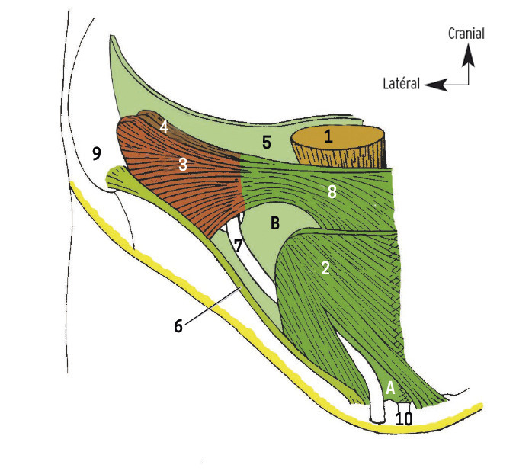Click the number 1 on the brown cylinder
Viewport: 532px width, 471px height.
tap(328, 137)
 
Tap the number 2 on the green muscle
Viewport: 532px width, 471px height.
tap(325, 268)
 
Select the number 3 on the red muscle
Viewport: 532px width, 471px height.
tap(183, 164)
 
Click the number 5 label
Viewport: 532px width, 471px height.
tap(266, 142)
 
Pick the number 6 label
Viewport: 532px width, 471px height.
tap(178, 325)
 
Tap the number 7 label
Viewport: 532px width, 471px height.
tap(238, 245)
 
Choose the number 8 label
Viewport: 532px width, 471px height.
tap(332, 193)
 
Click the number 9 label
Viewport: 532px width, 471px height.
tap(96, 154)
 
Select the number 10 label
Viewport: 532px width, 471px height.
tap(404, 418)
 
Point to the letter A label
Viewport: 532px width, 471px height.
tap(390, 387)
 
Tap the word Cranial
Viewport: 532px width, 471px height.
tap(466, 34)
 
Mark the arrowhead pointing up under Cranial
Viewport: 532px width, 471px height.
tap(468, 52)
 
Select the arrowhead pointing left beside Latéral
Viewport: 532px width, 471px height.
tap(433, 84)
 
